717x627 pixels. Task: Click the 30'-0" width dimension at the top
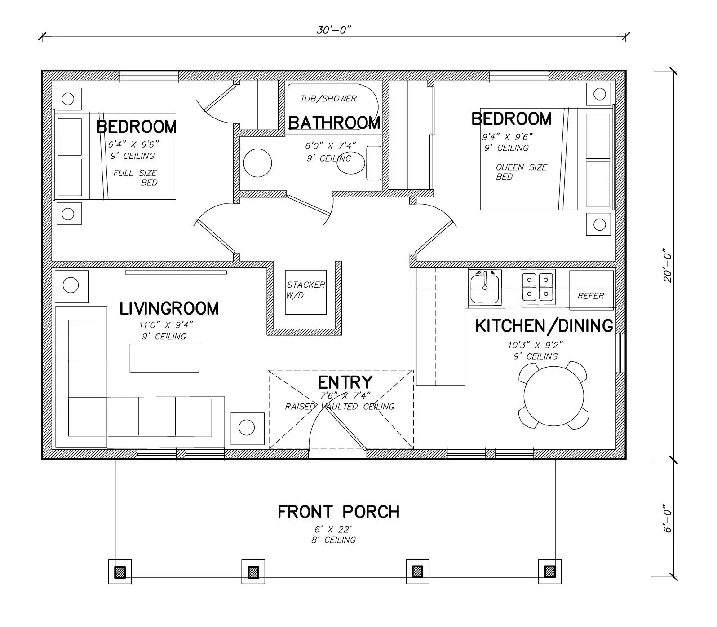pyautogui.click(x=333, y=30)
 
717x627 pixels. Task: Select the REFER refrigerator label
pyautogui.click(x=591, y=296)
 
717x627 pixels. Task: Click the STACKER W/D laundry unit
pyautogui.click(x=306, y=292)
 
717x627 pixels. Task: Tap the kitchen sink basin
pyautogui.click(x=485, y=289)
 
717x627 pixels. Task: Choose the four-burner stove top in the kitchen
pyautogui.click(x=538, y=287)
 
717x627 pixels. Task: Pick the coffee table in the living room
pyautogui.click(x=164, y=358)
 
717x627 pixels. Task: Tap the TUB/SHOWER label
pyautogui.click(x=328, y=99)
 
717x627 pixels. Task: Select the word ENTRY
pyautogui.click(x=345, y=382)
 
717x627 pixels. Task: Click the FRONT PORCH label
pyautogui.click(x=338, y=512)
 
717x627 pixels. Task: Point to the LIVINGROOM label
pyautogui.click(x=169, y=308)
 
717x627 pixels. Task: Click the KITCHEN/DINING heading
pyautogui.click(x=544, y=326)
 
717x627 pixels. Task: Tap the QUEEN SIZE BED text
pyautogui.click(x=521, y=172)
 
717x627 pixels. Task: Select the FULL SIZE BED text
pyautogui.click(x=135, y=178)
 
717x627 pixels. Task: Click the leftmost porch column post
pyautogui.click(x=120, y=572)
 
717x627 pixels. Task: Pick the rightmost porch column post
pyautogui.click(x=549, y=571)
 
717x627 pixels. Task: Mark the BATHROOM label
pyautogui.click(x=334, y=123)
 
